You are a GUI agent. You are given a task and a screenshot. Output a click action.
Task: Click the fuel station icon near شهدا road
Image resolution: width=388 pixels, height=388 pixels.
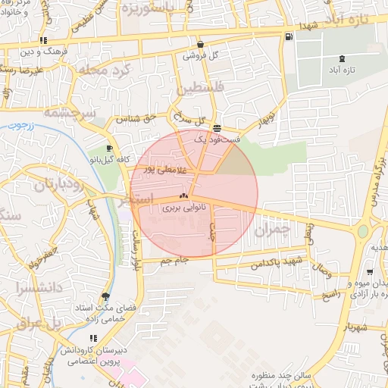click(288, 36)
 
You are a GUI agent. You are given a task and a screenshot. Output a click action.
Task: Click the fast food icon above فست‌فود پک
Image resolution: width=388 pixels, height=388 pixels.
click(217, 128)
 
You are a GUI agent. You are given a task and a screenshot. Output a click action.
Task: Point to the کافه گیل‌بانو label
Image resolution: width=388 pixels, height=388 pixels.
click(114, 160)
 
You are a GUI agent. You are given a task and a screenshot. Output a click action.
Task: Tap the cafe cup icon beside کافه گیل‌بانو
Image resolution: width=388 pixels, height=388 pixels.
click(110, 148)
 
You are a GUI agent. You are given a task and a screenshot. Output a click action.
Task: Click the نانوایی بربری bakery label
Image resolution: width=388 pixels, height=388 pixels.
click(183, 206)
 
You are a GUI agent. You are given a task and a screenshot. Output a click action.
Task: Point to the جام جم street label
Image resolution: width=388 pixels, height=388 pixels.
click(174, 260)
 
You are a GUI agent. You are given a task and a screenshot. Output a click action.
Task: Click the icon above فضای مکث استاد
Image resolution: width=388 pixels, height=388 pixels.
click(105, 296)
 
